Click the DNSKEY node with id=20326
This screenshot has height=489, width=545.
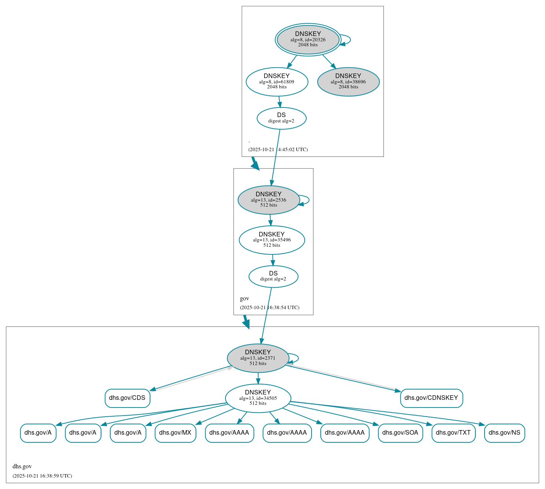308,39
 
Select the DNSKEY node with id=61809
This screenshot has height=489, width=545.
277,81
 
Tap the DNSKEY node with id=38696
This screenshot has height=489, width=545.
348,81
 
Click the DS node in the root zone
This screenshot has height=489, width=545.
281,118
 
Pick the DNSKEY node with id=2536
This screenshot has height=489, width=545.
268,200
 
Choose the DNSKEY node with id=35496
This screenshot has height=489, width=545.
272,240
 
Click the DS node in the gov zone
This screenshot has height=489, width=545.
273,276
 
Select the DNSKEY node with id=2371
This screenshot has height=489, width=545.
258,358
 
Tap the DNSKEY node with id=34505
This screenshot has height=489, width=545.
258,398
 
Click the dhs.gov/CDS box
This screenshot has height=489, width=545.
127,398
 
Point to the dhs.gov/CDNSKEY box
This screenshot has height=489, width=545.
431,398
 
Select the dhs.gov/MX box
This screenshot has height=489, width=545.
175,433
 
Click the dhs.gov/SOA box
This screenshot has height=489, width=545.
400,433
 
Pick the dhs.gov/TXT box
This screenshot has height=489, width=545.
453,433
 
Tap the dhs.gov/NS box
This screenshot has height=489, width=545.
504,433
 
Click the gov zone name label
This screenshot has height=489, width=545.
245,298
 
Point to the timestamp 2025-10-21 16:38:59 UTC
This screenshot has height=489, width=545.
42,476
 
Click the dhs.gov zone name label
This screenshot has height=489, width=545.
22,466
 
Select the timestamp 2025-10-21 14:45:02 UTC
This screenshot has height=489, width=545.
278,150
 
